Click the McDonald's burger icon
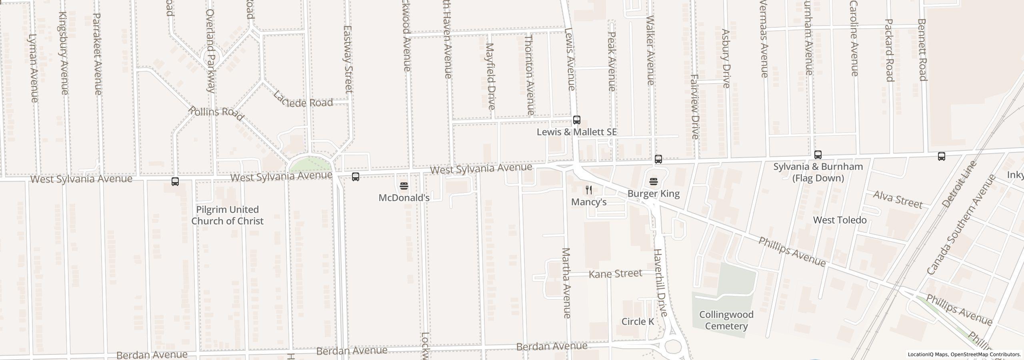pyautogui.click(x=404, y=186)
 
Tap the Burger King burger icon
pyautogui.click(x=654, y=182)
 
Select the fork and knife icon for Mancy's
pyautogui.click(x=589, y=190)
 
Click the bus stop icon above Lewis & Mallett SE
pyautogui.click(x=576, y=120)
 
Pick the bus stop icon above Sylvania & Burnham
pyautogui.click(x=818, y=155)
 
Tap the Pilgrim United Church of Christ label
pyautogui.click(x=227, y=215)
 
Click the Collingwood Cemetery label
pyautogui.click(x=726, y=320)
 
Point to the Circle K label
pyautogui.click(x=638, y=322)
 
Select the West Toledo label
pyautogui.click(x=840, y=220)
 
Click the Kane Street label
pyautogui.click(x=616, y=274)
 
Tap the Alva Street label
pyautogui.click(x=898, y=199)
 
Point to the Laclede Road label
pyautogui.click(x=303, y=100)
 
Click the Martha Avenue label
pyautogui.click(x=566, y=283)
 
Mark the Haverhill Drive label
pyautogui.click(x=660, y=282)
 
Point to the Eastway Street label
pyautogui.click(x=348, y=59)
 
